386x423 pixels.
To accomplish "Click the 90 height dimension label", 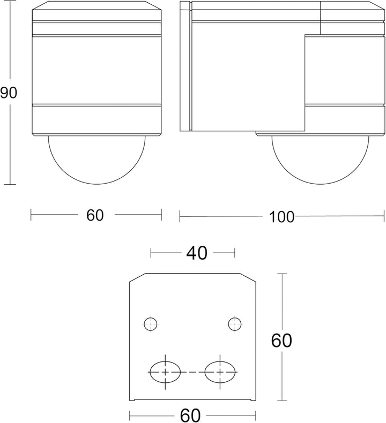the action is [x=9, y=93].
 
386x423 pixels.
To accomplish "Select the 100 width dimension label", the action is [x=281, y=217].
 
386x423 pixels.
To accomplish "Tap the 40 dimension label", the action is [x=197, y=253].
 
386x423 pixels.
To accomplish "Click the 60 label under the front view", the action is [x=95, y=215].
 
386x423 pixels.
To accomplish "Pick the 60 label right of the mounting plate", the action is [x=281, y=341].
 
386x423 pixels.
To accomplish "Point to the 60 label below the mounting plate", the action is [x=190, y=416].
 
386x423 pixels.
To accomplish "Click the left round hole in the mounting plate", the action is [x=151, y=324].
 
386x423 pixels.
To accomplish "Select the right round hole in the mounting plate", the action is [x=234, y=324].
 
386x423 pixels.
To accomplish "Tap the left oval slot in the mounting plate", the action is [x=165, y=372].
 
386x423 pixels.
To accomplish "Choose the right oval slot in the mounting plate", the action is [x=220, y=372].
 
